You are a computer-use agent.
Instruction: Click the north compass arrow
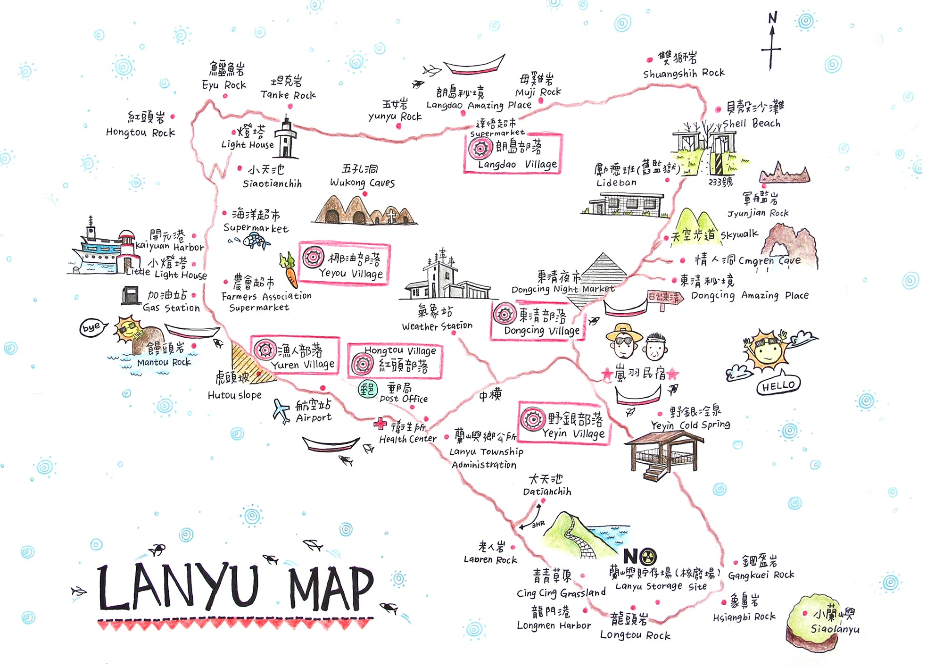pos(772,45)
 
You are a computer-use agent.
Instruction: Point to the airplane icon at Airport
pos(281,411)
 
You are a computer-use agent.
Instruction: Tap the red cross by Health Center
pos(380,424)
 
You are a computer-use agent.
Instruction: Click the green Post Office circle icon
pos(368,389)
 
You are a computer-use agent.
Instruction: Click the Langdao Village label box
pos(513,154)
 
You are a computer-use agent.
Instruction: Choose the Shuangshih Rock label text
pos(684,73)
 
